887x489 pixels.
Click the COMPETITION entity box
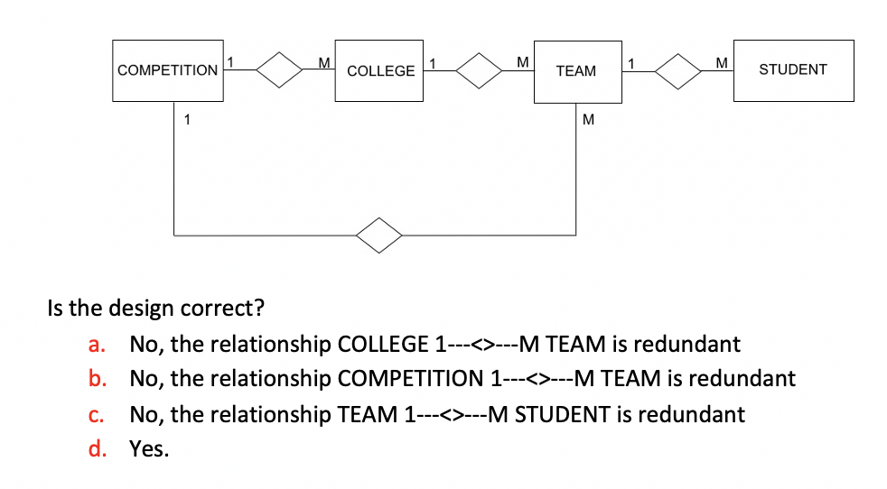tap(168, 69)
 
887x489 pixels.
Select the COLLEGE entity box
tap(379, 70)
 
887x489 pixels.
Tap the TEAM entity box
tap(575, 70)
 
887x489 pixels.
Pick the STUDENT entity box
tap(792, 69)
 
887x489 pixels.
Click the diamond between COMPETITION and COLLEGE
tap(280, 70)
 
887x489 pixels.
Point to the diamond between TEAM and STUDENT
tap(680, 70)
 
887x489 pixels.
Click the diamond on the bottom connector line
tap(379, 235)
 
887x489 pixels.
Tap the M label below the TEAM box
tap(588, 119)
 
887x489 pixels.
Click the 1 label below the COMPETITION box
tap(186, 118)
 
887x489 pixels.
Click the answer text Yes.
tap(149, 448)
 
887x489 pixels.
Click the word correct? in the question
tap(226, 308)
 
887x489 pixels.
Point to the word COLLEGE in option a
tap(383, 344)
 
